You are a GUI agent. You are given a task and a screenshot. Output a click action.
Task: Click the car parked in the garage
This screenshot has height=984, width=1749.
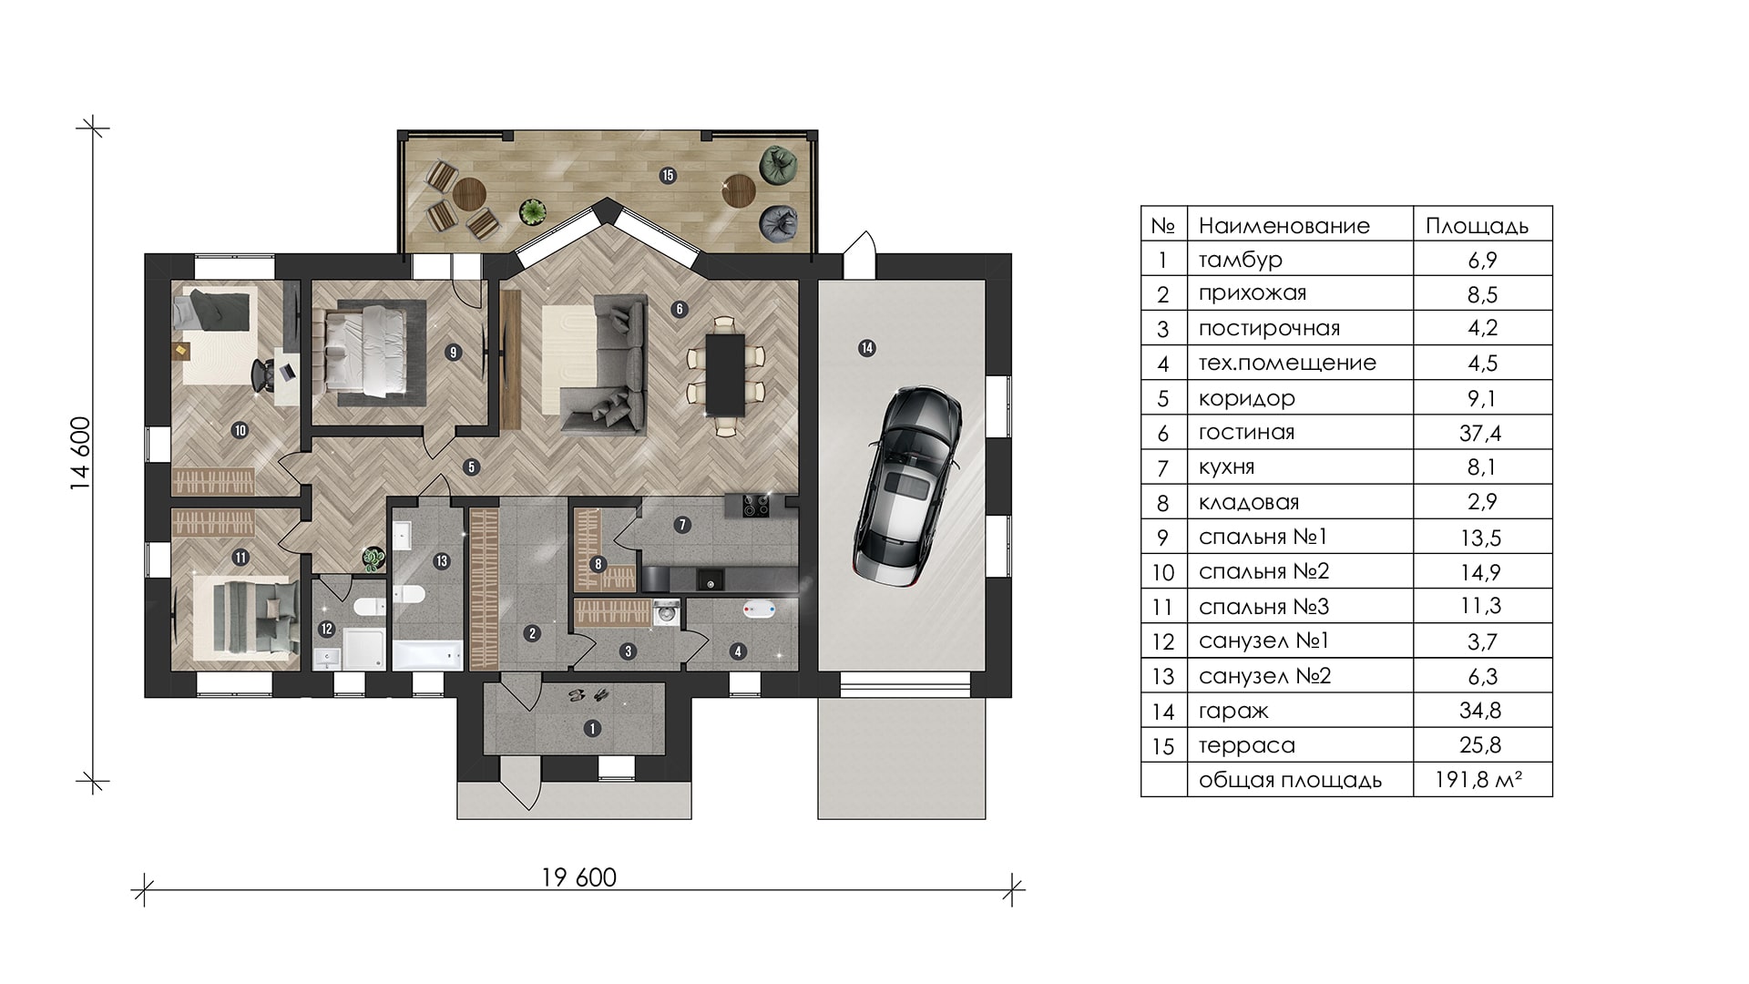(x=907, y=486)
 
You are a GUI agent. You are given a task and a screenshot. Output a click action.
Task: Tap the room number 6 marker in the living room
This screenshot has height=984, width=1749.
(x=679, y=309)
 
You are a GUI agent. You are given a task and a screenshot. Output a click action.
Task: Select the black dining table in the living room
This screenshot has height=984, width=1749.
(x=725, y=375)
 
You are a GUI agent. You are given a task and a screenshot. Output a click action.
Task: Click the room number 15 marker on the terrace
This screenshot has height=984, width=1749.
(x=669, y=175)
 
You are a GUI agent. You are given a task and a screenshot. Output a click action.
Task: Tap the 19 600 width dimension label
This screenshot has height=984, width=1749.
(x=579, y=877)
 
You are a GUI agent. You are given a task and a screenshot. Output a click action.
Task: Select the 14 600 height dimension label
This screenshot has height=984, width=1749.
(x=81, y=454)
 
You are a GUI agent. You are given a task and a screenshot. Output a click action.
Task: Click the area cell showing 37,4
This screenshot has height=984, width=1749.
(x=1480, y=433)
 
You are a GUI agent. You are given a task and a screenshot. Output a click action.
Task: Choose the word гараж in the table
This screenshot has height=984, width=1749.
(x=1233, y=711)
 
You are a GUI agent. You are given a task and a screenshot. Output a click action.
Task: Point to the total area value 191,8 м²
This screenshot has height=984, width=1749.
(x=1480, y=780)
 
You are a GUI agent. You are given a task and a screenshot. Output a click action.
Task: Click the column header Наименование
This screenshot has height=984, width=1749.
(x=1284, y=225)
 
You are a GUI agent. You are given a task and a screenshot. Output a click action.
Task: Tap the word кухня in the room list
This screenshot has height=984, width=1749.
(x=1226, y=467)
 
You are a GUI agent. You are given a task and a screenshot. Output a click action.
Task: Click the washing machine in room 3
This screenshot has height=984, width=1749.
(x=667, y=613)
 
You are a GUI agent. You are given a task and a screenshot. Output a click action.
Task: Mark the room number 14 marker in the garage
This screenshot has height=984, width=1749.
(x=866, y=347)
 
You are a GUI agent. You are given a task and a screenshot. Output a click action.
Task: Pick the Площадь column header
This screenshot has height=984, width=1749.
(x=1477, y=225)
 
